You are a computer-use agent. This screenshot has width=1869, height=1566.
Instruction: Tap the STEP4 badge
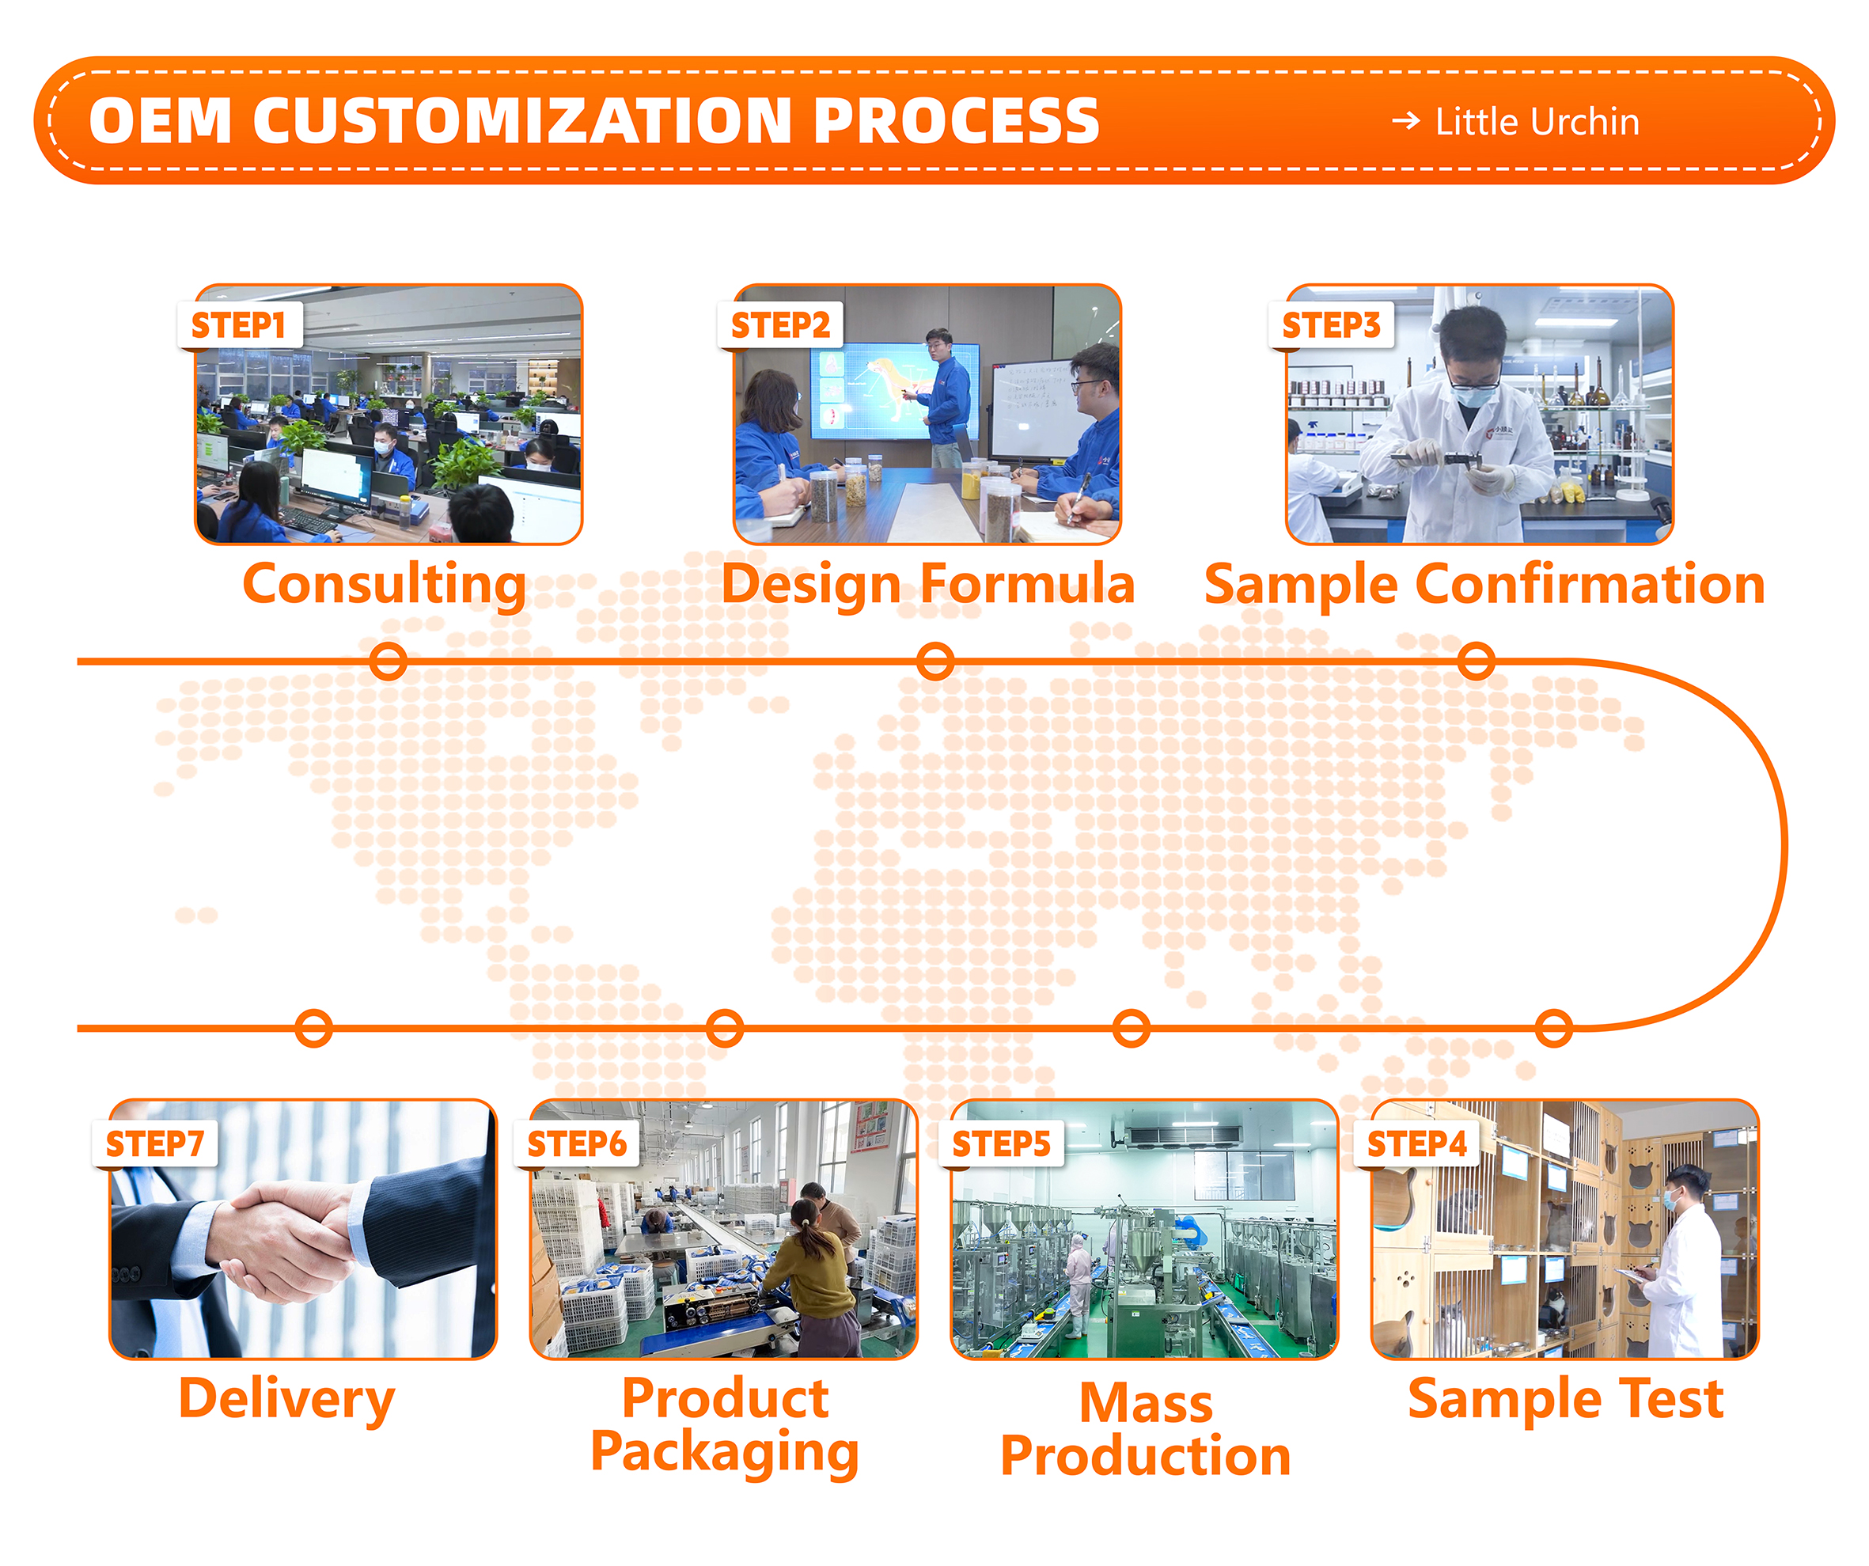point(1416,1144)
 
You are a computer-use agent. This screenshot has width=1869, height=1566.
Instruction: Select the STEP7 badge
point(155,1144)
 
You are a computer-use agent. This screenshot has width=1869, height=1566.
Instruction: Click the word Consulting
point(385,586)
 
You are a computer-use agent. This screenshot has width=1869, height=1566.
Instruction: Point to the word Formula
point(1028,585)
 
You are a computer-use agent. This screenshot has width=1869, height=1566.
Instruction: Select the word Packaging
point(725,1453)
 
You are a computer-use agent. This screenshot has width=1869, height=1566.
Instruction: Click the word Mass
point(1146,1404)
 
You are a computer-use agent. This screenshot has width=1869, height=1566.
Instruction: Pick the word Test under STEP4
point(1670,1398)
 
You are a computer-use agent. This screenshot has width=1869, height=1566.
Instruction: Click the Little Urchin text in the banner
point(1537,122)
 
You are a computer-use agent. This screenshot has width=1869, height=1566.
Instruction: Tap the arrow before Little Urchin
point(1406,120)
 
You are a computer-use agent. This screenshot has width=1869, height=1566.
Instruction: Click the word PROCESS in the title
point(957,121)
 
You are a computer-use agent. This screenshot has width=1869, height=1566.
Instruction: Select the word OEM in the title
point(160,121)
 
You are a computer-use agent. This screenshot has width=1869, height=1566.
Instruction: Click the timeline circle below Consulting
point(388,662)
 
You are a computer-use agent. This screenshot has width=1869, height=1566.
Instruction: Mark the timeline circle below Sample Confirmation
point(1476,662)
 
